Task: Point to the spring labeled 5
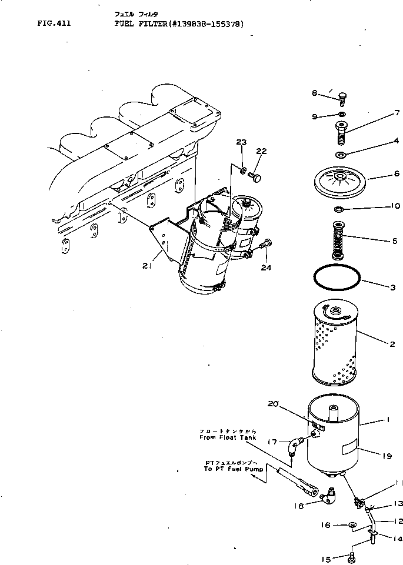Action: coord(338,240)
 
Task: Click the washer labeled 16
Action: coord(351,525)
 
